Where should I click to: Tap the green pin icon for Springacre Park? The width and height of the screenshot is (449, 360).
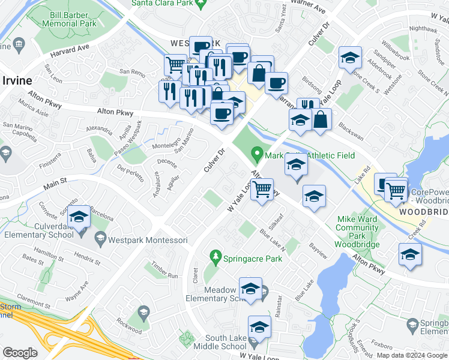click(x=215, y=257)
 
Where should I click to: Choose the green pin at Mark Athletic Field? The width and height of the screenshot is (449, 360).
click(x=258, y=155)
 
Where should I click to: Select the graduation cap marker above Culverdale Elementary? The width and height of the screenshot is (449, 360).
click(x=79, y=218)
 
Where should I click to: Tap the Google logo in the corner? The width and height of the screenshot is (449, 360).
click(x=20, y=352)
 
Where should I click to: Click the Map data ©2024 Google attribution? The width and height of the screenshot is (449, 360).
click(x=412, y=355)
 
